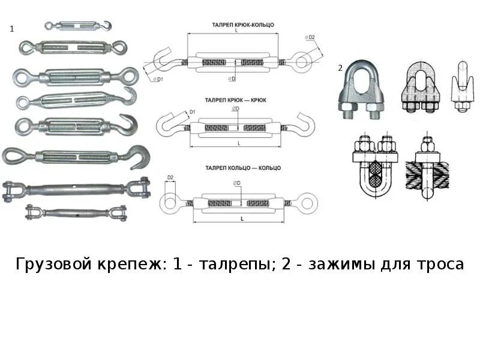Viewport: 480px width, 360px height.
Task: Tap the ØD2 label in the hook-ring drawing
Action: click(x=311, y=38)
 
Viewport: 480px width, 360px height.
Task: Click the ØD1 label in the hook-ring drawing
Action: click(x=157, y=79)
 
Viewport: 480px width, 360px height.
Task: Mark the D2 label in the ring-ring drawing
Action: click(x=170, y=178)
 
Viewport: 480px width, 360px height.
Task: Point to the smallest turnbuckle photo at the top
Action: click(x=78, y=26)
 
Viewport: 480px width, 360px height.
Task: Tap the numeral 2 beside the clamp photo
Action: click(x=340, y=68)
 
